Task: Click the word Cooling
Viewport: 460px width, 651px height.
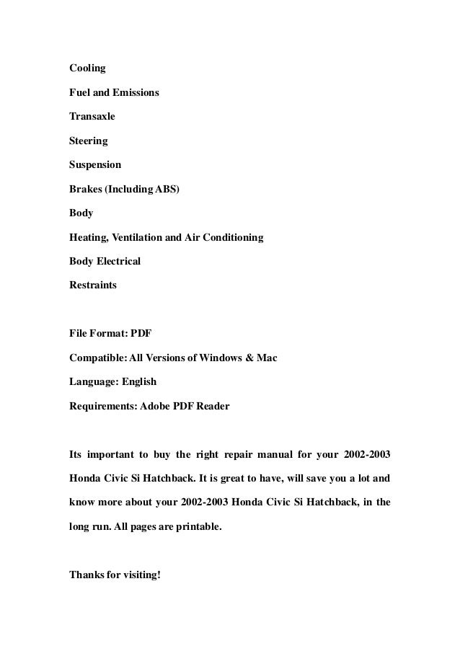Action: coord(87,68)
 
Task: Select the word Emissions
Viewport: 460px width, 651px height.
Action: coord(135,93)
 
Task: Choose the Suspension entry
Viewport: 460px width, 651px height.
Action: coord(95,164)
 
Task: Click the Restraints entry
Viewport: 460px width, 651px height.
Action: coord(92,285)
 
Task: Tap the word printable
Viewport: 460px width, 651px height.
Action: coord(194,526)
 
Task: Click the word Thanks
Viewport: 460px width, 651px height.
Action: coord(86,575)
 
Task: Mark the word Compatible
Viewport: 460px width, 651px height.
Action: coord(96,358)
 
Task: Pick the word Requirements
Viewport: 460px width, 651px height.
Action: coord(100,406)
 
